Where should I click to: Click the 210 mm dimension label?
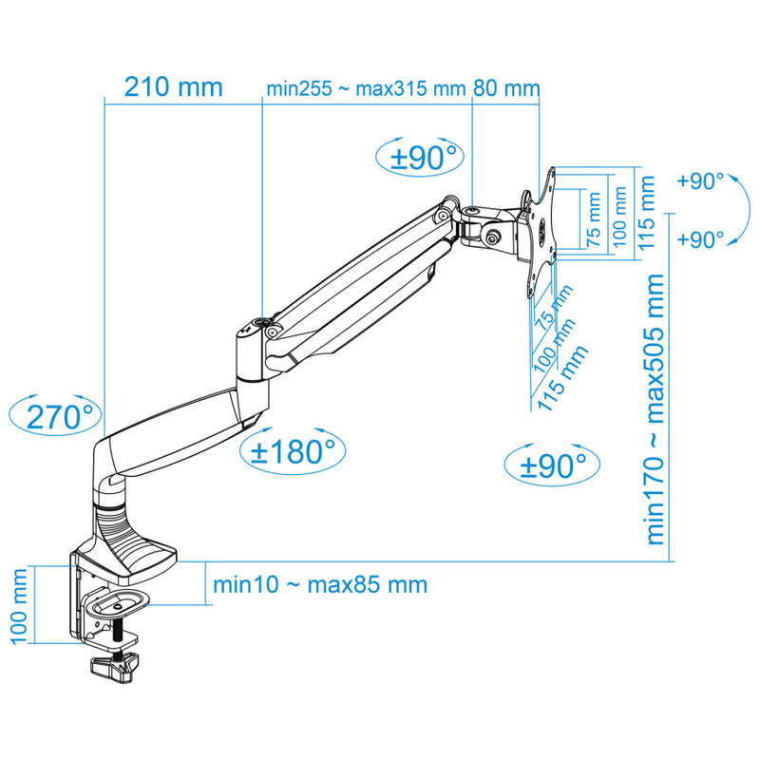pos(174,87)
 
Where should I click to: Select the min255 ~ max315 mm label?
pos(366,88)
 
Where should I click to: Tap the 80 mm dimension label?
pos(506,88)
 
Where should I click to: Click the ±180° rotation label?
pos(293,451)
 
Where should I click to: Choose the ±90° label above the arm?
pos(424,157)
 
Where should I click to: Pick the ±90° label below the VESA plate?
pos(553,465)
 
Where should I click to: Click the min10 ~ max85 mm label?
pos(320,584)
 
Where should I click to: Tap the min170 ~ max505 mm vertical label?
pos(655,409)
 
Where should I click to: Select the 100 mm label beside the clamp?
pos(18,606)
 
